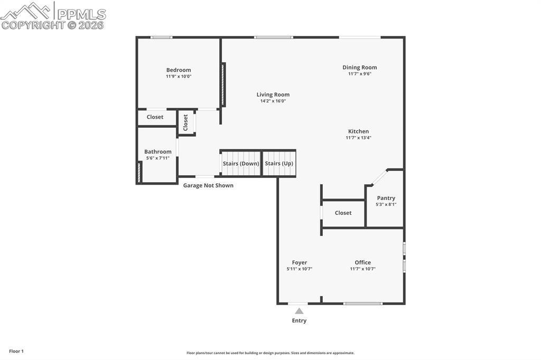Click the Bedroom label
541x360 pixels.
pos(179,70)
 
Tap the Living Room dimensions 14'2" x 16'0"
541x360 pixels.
pos(273,101)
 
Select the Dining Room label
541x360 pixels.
pos(359,68)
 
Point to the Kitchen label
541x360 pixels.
pos(358,131)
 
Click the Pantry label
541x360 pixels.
pos(386,198)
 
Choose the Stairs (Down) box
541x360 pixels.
pos(241,163)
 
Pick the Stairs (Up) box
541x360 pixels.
pos(279,163)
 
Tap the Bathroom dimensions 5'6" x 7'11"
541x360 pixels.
pos(158,158)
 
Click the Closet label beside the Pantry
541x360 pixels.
pos(343,213)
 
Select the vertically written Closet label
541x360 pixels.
pos(185,122)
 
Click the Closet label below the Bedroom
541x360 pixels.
pos(155,117)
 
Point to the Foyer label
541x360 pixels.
pos(300,262)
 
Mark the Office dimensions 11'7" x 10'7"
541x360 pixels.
pos(362,269)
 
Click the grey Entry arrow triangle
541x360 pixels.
pos(299,311)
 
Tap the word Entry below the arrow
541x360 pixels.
pos(299,320)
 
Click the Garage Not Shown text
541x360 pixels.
pos(208,185)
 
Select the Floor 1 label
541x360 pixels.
pos(16,351)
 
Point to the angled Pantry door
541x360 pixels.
pos(379,177)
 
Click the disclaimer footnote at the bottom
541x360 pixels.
pos(270,353)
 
